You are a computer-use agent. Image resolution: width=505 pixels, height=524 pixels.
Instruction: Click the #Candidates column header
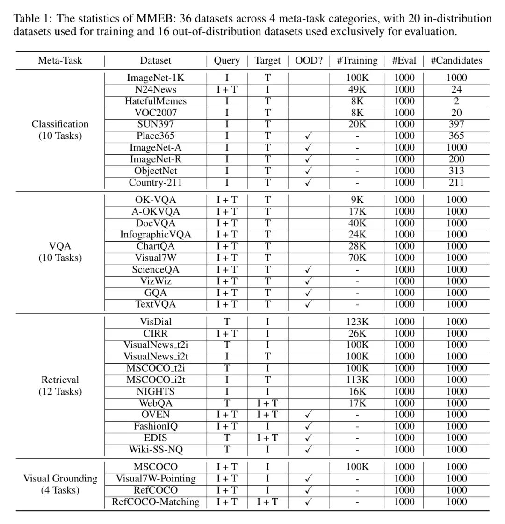click(456, 61)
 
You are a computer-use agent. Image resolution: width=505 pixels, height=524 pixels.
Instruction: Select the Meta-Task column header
click(60, 61)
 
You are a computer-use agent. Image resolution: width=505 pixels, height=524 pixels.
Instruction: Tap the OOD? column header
click(309, 61)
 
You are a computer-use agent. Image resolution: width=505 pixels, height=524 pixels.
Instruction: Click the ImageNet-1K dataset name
click(155, 78)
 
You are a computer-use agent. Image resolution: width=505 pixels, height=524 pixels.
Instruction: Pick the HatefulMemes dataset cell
click(155, 101)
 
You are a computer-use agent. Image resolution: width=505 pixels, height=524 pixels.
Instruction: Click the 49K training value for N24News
click(357, 90)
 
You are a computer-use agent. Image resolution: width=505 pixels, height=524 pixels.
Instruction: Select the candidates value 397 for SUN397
click(456, 124)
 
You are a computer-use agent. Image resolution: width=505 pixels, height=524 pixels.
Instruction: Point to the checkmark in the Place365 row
click(309, 136)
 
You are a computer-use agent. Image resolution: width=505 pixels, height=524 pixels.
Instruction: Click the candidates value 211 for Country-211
click(456, 182)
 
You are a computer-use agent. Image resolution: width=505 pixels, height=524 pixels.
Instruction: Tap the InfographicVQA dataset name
click(155, 235)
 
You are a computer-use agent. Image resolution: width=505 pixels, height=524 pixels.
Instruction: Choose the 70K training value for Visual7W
click(357, 258)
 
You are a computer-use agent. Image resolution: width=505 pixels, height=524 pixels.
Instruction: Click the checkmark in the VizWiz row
click(309, 281)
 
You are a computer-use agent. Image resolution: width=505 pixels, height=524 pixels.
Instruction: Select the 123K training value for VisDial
click(357, 322)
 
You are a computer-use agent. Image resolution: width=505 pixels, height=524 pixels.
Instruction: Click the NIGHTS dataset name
click(155, 392)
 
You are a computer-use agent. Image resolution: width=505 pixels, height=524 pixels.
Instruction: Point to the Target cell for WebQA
click(267, 403)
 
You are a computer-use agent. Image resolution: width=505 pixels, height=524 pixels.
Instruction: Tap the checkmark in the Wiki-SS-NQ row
click(309, 450)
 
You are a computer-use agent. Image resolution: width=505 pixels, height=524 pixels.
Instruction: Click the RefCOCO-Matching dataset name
click(155, 502)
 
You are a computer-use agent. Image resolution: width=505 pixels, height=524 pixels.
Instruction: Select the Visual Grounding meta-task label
click(60, 479)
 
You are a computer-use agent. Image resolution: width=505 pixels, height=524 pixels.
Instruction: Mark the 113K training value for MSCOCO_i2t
click(357, 380)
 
